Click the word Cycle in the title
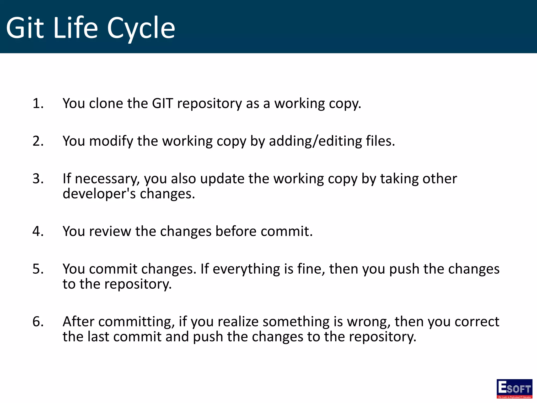(x=141, y=28)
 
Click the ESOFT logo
(x=514, y=389)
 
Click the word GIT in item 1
(x=162, y=103)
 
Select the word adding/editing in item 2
(x=315, y=141)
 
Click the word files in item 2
(x=380, y=141)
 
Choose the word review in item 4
(x=110, y=231)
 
